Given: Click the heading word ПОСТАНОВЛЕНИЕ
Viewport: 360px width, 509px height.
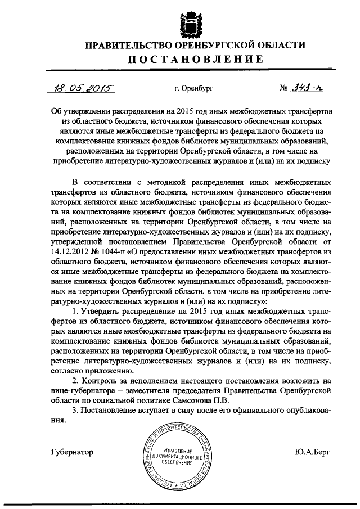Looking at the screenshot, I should [180, 60].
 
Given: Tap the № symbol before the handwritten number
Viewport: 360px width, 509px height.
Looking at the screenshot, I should [285, 88].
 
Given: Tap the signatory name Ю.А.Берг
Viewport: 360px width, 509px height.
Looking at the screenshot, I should [310, 452].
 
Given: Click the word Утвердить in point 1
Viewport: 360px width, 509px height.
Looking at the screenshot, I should [102, 312].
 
